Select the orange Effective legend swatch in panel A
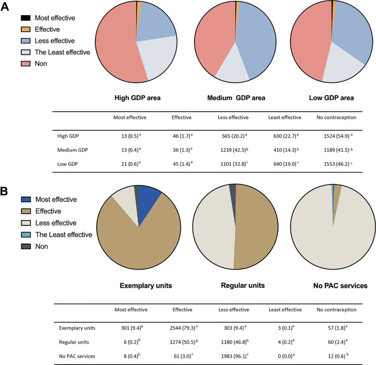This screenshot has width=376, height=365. pyautogui.click(x=26, y=29)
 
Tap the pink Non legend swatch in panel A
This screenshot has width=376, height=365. pyautogui.click(x=26, y=63)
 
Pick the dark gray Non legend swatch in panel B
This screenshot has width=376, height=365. pyautogui.click(x=26, y=246)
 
